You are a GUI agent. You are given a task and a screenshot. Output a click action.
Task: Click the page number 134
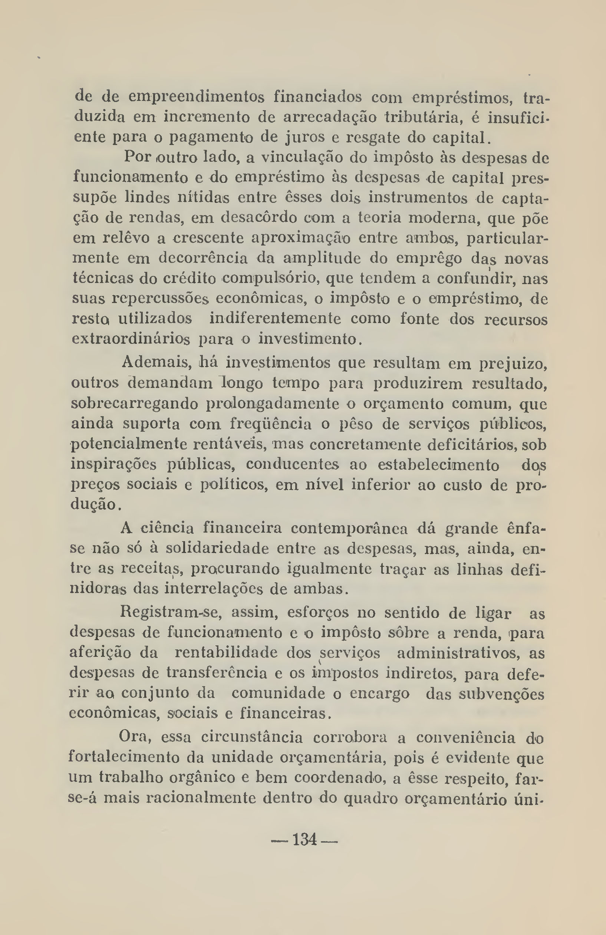pos(304,840)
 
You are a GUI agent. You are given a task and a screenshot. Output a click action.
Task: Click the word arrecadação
pos(329,118)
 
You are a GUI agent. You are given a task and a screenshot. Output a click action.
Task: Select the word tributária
pos(425,117)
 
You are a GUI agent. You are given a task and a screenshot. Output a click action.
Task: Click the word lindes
pos(147,198)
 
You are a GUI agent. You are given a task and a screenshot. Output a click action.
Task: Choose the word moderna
pos(444,218)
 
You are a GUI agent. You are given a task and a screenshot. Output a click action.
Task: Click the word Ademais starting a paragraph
pos(156,362)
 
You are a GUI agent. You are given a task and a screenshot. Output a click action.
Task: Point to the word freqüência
pos(271,424)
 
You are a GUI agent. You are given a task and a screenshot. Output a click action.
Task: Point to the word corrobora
pos(350,737)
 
